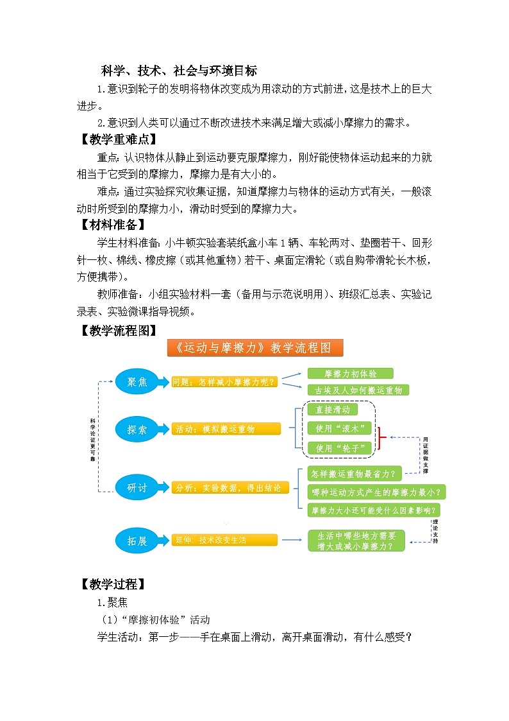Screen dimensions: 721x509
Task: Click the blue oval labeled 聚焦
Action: point(137,382)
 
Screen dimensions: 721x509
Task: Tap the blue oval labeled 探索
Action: point(137,430)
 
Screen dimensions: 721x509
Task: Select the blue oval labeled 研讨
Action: point(137,488)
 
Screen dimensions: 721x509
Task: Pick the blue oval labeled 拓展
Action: point(137,541)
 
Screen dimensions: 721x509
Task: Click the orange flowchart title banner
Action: point(255,348)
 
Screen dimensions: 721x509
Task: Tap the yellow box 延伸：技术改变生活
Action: point(224,540)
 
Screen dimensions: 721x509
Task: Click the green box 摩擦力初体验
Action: point(350,374)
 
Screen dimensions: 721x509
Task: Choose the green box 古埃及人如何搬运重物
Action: point(358,390)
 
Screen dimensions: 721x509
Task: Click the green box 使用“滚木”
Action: point(340,428)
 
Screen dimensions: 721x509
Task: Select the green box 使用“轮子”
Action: point(340,447)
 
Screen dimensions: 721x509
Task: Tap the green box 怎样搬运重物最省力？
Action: point(354,474)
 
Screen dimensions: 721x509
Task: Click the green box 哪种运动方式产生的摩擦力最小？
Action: point(377,492)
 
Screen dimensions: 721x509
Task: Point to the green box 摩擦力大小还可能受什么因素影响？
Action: point(377,510)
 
